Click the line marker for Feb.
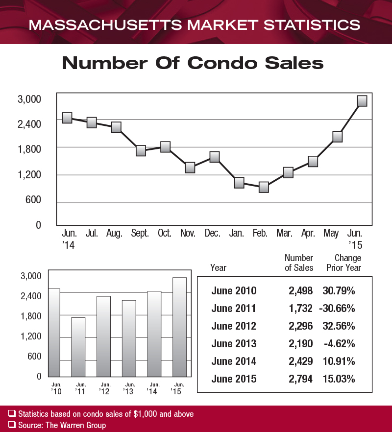pyautogui.click(x=264, y=187)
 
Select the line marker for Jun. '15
pyautogui.click(x=362, y=101)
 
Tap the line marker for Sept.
pyautogui.click(x=141, y=150)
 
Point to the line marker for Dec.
pyautogui.click(x=214, y=157)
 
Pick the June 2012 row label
pyautogui.click(x=234, y=326)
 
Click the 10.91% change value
pyautogui.click(x=339, y=361)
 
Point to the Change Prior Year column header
pyautogui.click(x=343, y=263)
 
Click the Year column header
pyautogui.click(x=218, y=268)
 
